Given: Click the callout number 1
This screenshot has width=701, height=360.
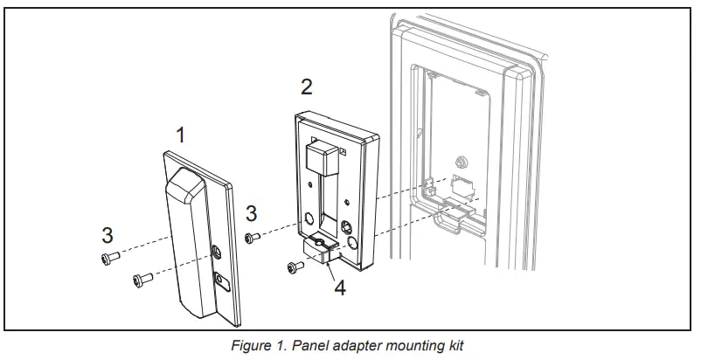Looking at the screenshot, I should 181,135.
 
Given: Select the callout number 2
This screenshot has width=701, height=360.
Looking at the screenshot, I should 306,87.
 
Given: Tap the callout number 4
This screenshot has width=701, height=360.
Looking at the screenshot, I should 339,287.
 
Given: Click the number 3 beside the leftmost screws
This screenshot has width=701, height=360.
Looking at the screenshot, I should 108,235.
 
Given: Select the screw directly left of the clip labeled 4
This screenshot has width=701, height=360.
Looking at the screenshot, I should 293,267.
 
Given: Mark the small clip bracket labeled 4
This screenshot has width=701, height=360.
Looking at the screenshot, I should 320,253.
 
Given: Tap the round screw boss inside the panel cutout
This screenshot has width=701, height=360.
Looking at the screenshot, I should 458,161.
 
